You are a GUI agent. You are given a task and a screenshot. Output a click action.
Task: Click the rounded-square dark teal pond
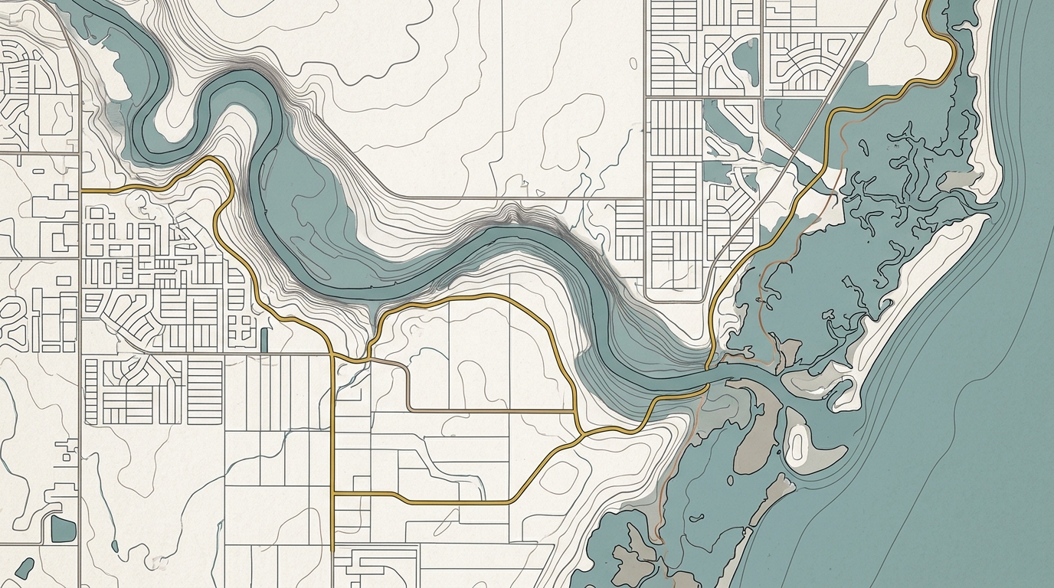(x=63, y=528)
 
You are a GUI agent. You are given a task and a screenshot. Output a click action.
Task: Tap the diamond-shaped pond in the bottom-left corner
(x=25, y=567)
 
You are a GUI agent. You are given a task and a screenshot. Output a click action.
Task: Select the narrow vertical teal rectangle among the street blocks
(x=264, y=338)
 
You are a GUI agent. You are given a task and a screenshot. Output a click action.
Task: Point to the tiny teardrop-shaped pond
(x=114, y=546)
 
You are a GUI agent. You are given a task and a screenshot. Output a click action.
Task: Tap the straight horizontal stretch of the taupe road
(x=490, y=411)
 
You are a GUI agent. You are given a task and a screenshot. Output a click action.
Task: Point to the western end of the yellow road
(x=83, y=188)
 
